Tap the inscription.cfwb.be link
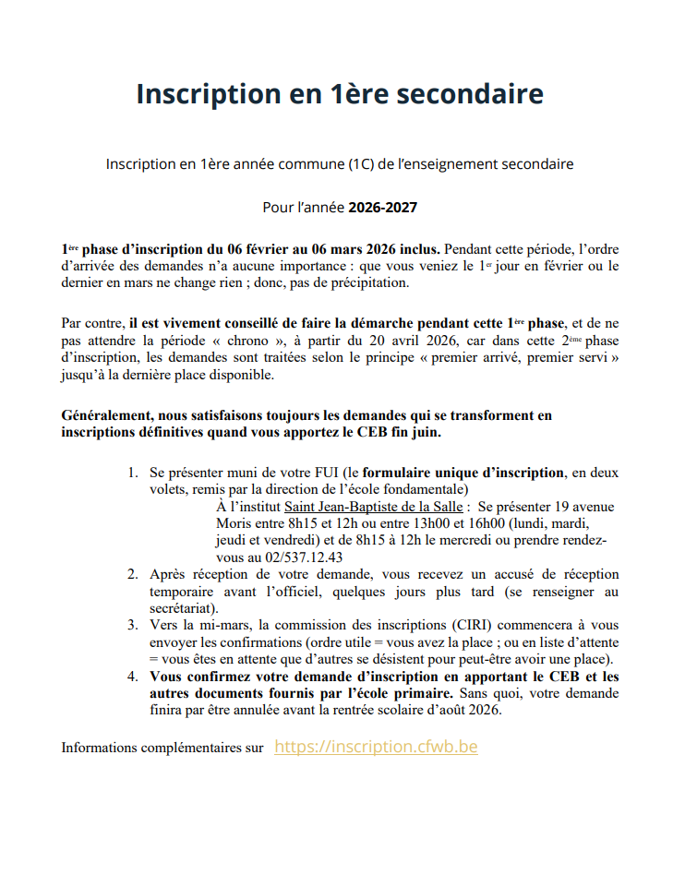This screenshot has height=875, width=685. tap(376, 747)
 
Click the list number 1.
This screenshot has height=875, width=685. tap(133, 473)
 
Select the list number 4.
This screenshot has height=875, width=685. tap(133, 677)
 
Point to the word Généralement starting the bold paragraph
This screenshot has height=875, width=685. tap(108, 416)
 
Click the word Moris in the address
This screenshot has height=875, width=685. tap(234, 524)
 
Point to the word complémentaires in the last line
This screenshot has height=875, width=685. tap(192, 748)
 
